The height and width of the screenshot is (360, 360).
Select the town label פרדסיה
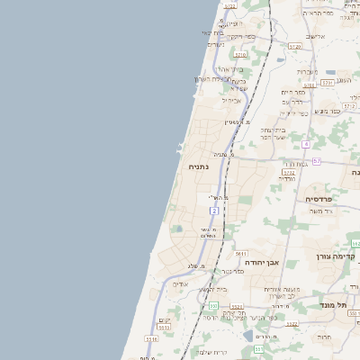point(319,198)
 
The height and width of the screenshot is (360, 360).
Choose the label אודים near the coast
point(180,283)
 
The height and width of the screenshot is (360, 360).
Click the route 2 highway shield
point(214,210)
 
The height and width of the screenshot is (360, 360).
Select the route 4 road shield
point(306,144)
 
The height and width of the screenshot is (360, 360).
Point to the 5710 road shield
point(240,54)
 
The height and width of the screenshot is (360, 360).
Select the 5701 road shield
point(327,82)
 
